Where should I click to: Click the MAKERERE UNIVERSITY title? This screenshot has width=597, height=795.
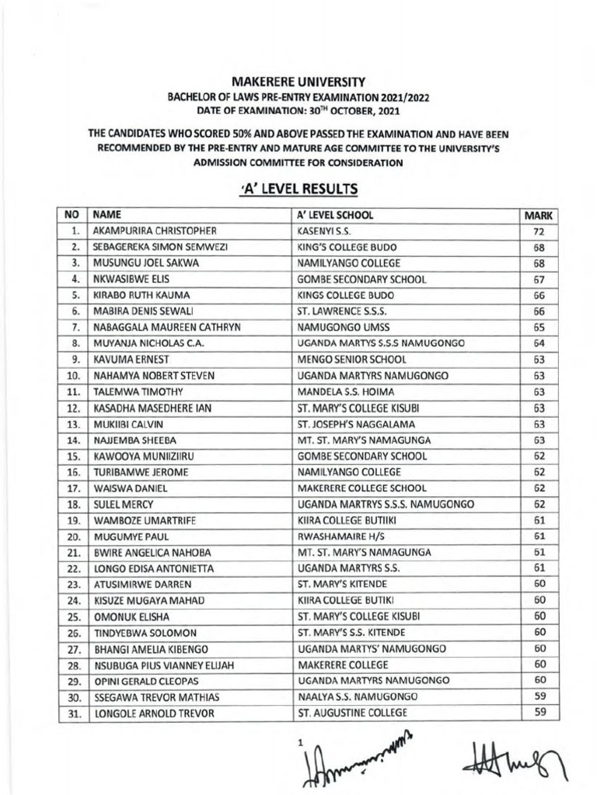pyautogui.click(x=298, y=81)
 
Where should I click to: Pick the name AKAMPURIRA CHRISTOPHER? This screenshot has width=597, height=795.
pyautogui.click(x=154, y=231)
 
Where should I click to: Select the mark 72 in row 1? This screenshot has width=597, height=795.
pyautogui.click(x=539, y=231)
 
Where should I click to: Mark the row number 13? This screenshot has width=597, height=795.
pyautogui.click(x=74, y=424)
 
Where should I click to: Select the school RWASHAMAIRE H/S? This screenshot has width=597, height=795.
pyautogui.click(x=336, y=536)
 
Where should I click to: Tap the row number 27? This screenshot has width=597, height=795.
pyautogui.click(x=74, y=648)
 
